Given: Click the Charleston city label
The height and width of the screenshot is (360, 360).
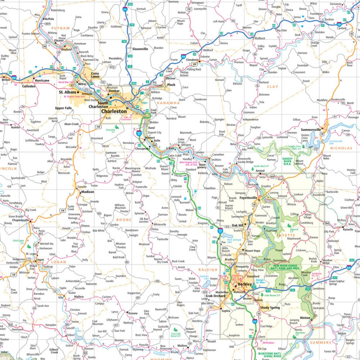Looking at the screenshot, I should [x=114, y=112].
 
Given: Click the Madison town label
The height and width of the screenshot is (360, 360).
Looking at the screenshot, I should [x=87, y=192].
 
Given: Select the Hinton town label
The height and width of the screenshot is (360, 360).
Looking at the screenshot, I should [x=305, y=318].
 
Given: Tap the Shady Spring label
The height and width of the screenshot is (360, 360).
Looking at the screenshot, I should [x=270, y=307].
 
